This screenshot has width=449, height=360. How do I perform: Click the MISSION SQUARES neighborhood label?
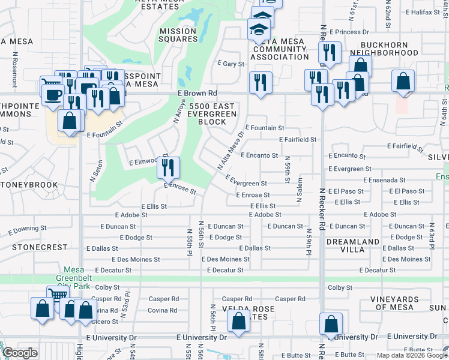pyautogui.click(x=178, y=35)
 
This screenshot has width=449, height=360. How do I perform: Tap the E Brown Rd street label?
pyautogui.click(x=197, y=94)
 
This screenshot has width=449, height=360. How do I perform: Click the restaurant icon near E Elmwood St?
pyautogui.click(x=169, y=167)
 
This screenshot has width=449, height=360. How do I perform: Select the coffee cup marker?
pyautogui.click(x=52, y=93)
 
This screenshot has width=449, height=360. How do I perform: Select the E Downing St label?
pyautogui.click(x=27, y=229)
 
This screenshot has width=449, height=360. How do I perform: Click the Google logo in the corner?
pyautogui.click(x=20, y=353)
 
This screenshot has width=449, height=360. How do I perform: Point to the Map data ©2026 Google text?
pyautogui.click(x=411, y=355)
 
